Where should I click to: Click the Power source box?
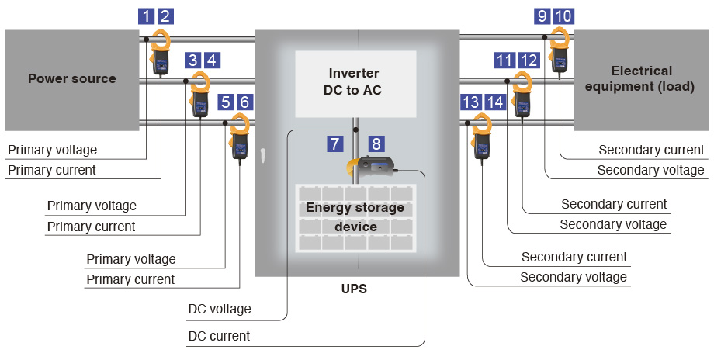click(72, 78)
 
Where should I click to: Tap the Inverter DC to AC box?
click(355, 82)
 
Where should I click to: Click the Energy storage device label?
click(355, 217)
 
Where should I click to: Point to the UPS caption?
click(354, 289)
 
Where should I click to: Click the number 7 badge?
click(334, 144)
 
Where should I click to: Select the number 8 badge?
click(376, 144)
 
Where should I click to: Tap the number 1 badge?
click(145, 16)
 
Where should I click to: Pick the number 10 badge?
click(564, 16)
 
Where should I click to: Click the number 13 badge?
click(470, 102)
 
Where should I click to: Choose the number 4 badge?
click(211, 60)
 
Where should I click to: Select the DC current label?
click(219, 336)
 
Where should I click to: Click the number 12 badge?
click(529, 60)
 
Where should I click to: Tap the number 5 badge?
click(225, 102)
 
